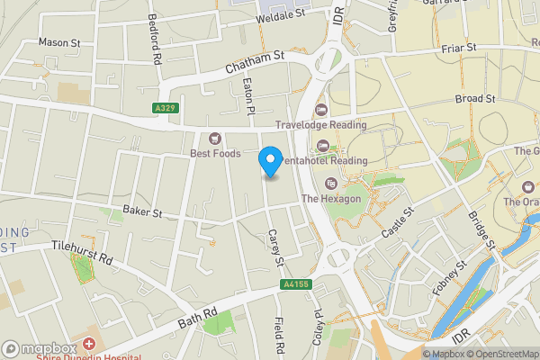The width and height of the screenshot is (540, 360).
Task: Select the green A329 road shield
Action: (x=164, y=108)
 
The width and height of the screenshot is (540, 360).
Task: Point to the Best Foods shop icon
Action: (x=215, y=138)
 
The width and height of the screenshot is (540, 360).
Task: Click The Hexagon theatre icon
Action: (x=329, y=184)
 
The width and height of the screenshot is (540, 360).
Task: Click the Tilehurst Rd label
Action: (x=80, y=251)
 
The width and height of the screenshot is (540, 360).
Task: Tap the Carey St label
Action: (x=275, y=246)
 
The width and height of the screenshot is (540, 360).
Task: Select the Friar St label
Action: (x=458, y=47)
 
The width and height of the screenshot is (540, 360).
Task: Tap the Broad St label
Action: (x=475, y=98)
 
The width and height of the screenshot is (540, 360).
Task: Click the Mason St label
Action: (x=59, y=42)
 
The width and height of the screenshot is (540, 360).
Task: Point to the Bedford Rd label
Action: (x=155, y=49)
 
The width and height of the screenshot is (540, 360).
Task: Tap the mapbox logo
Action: (x=39, y=348)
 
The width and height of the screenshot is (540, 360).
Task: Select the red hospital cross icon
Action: (x=88, y=345)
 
